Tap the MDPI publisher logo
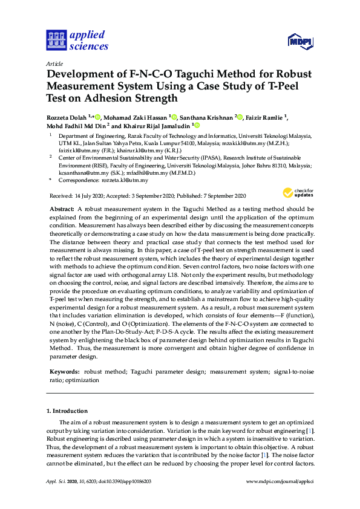(299, 42)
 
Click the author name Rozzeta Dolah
(67, 116)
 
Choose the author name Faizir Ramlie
(267, 116)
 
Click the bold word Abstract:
(62, 208)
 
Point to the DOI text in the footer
(126, 481)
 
